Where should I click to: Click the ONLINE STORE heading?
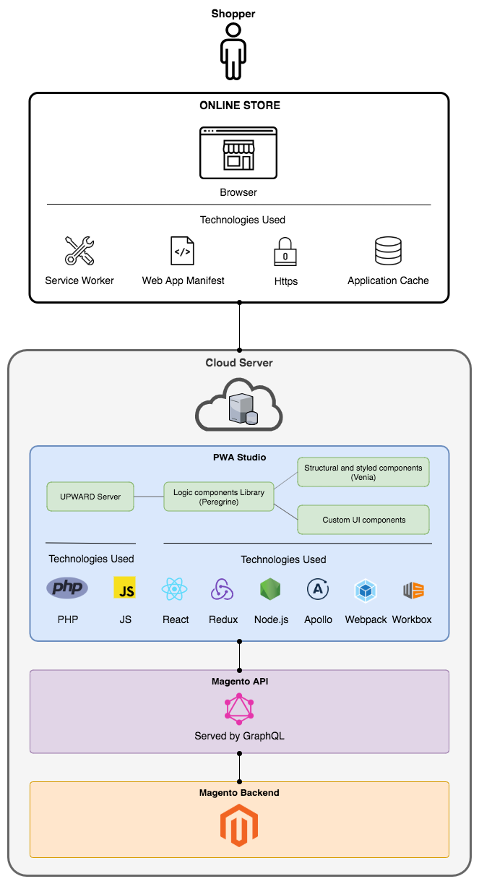click(x=239, y=106)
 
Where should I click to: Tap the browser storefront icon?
click(x=238, y=153)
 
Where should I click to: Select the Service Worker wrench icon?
click(x=79, y=251)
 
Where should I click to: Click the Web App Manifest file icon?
click(x=182, y=251)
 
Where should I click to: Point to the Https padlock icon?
click(x=285, y=252)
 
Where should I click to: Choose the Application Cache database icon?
click(x=388, y=251)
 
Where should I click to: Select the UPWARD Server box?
click(x=90, y=497)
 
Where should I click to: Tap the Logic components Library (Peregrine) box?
click(x=219, y=497)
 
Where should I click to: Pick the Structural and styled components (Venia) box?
click(x=363, y=472)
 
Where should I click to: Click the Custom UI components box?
click(x=363, y=520)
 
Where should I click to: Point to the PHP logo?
click(x=67, y=588)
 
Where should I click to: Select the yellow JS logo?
click(x=125, y=588)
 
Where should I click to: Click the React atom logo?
click(x=176, y=590)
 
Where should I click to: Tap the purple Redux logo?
click(x=222, y=590)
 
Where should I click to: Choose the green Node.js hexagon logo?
click(x=270, y=589)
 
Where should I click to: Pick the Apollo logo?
click(x=318, y=590)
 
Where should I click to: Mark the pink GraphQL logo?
click(x=239, y=709)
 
